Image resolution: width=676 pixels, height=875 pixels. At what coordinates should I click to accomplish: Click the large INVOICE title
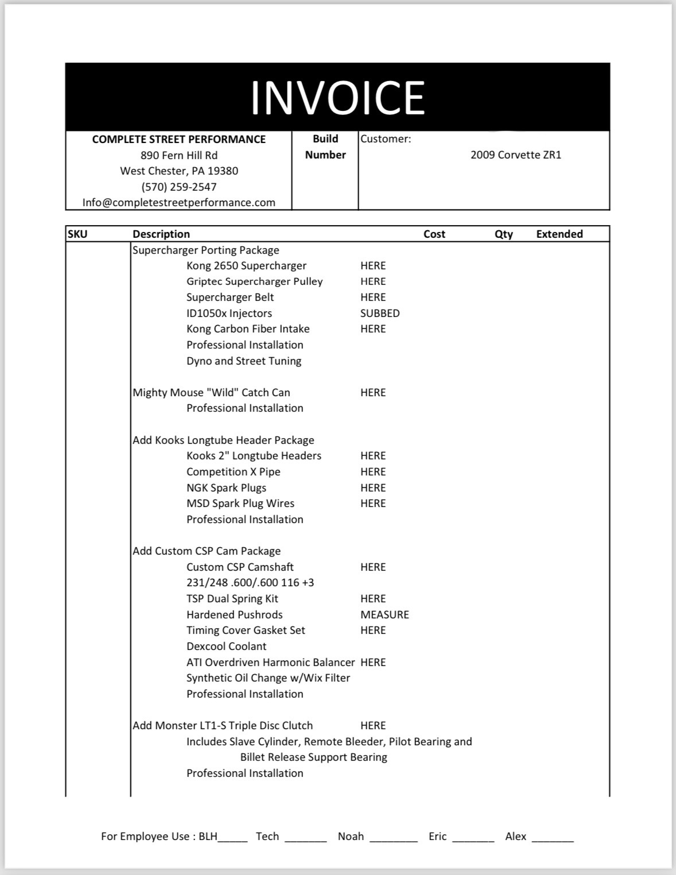(x=337, y=98)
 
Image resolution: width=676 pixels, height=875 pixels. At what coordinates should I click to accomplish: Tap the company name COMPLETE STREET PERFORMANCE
(x=178, y=140)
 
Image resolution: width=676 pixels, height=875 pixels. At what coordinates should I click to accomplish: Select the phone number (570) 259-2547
(x=178, y=187)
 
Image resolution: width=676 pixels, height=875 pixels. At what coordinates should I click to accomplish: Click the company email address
(x=178, y=203)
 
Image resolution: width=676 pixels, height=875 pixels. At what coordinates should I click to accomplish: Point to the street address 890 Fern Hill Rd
(x=178, y=155)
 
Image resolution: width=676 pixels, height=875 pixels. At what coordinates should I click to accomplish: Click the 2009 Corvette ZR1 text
(x=515, y=155)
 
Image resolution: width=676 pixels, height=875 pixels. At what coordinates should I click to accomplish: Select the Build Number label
(x=325, y=147)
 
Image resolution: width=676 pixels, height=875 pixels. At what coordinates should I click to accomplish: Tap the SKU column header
(x=77, y=234)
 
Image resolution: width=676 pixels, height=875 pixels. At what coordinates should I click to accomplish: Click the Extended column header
(x=559, y=234)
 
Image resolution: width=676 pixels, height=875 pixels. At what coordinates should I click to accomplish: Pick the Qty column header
(x=503, y=234)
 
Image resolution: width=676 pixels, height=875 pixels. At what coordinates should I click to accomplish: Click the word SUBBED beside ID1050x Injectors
(x=379, y=313)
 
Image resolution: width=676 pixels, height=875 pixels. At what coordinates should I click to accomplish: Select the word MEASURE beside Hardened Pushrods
(x=384, y=615)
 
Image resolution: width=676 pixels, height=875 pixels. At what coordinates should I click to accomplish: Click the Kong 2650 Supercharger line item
(x=246, y=266)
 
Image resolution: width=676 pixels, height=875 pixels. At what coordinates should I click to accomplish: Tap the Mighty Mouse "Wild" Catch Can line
(x=211, y=393)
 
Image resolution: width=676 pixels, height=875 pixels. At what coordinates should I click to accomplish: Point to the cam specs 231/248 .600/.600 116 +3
(x=250, y=583)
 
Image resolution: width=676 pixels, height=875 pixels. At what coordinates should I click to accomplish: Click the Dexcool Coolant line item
(x=226, y=646)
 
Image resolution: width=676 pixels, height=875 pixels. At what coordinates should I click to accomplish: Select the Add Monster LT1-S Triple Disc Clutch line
(x=223, y=726)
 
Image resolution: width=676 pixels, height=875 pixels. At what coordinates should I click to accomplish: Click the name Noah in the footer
(x=351, y=837)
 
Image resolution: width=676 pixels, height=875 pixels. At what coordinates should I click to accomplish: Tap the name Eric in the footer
(x=437, y=837)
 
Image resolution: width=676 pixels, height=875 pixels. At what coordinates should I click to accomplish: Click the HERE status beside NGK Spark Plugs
(x=373, y=488)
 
